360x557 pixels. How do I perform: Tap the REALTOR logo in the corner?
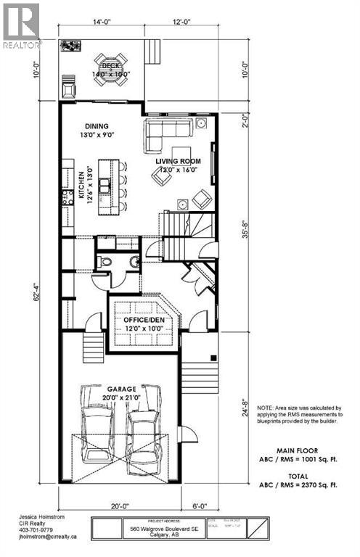click(21, 24)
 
